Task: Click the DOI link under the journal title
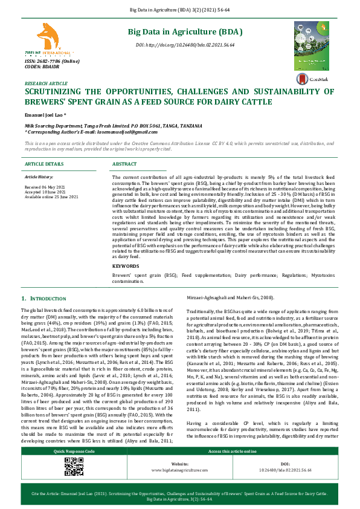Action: pos(185,45)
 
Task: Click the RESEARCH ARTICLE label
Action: pos(46,83)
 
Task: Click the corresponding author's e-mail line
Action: pos(71,131)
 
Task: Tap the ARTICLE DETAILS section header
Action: pos(43,164)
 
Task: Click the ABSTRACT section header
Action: pos(125,164)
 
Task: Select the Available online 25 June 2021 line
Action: pos(51,197)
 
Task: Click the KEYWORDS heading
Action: pos(126,266)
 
